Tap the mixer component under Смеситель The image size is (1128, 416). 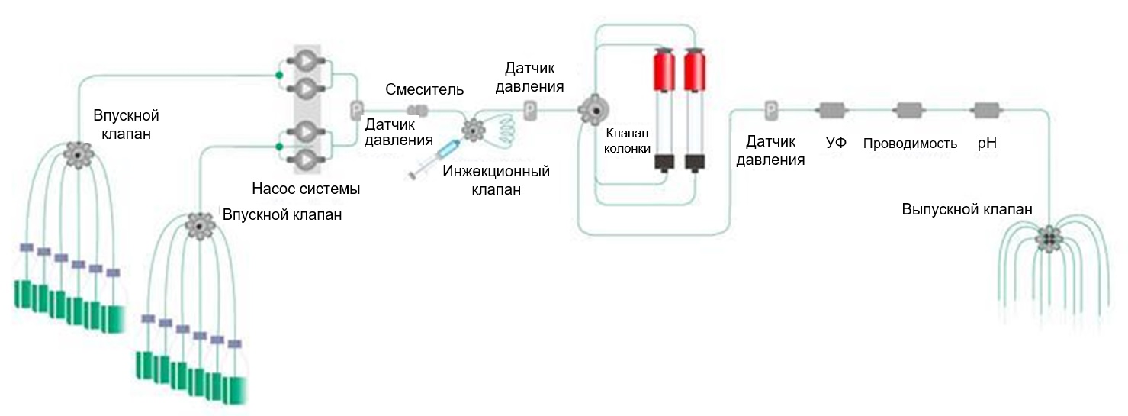point(417,110)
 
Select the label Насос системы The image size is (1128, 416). point(306,188)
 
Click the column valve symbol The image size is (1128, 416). point(590,111)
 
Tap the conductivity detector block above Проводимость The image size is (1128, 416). point(909,111)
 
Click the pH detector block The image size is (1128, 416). point(986,111)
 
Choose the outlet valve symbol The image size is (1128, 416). point(1049,239)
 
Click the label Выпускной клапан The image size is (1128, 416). point(967,209)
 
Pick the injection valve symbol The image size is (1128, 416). point(474,131)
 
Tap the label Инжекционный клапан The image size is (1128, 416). point(496,180)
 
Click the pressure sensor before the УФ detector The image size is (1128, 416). point(771,111)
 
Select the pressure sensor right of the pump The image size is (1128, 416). point(355,111)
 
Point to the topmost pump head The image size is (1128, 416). point(304,62)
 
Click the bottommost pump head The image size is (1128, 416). point(304,158)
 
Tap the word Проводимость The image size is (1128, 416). point(910,144)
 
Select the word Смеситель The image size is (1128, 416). point(424,89)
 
